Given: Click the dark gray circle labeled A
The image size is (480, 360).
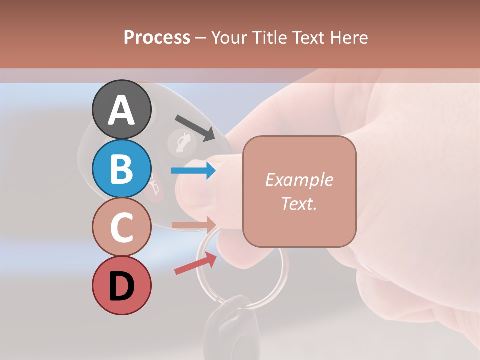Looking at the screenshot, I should pos(122,109).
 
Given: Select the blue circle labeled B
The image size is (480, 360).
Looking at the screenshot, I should pos(122,168).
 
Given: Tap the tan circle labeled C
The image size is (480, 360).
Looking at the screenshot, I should pos(122,227).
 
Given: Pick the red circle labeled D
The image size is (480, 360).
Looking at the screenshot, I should pos(122,286).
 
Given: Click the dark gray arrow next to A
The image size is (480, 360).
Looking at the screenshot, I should pos(195,127).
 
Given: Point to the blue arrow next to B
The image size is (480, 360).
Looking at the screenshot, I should pos(194,171).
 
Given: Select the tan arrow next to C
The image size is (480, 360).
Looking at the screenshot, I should pos(194,224).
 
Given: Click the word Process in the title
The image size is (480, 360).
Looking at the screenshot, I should pos(157,37).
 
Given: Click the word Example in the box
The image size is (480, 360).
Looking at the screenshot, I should pos(299,180).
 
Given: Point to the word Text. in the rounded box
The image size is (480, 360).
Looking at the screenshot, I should pos(299,203).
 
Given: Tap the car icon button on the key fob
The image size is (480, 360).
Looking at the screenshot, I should pos(180,143).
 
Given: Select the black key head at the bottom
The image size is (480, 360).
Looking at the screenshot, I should pos(232,325).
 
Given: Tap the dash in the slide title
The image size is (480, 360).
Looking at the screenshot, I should pos(201,38).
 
